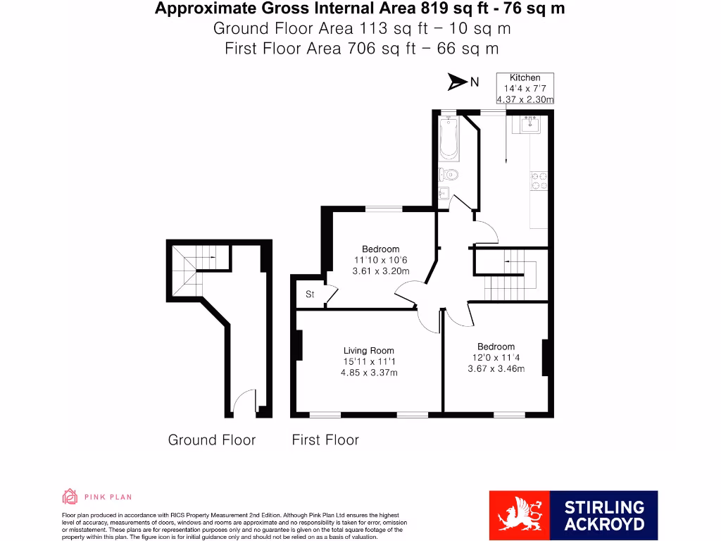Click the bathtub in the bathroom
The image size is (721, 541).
448,139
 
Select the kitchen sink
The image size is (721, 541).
530,126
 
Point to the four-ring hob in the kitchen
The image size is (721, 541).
539,181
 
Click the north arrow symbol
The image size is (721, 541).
458,82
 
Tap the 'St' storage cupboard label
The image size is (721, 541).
310,294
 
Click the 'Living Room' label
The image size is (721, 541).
368,350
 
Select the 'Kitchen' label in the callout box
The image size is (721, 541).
525,77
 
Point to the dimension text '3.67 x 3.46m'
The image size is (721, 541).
496,368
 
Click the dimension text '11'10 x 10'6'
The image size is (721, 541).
380,260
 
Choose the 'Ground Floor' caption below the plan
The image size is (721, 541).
211,440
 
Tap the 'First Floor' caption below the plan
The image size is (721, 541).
325,440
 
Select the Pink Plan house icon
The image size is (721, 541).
70,497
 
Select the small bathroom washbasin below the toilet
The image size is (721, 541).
444,194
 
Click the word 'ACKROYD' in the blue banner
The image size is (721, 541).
604,524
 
